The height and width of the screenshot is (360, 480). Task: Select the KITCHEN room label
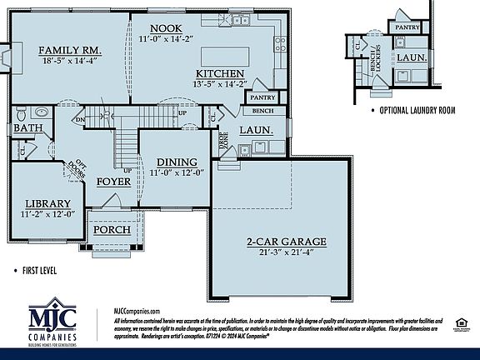click(x=220, y=72)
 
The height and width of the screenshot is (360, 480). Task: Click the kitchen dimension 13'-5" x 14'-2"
click(x=220, y=83)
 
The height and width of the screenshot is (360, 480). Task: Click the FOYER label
click(x=113, y=181)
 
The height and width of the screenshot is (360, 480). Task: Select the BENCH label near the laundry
click(x=263, y=111)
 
